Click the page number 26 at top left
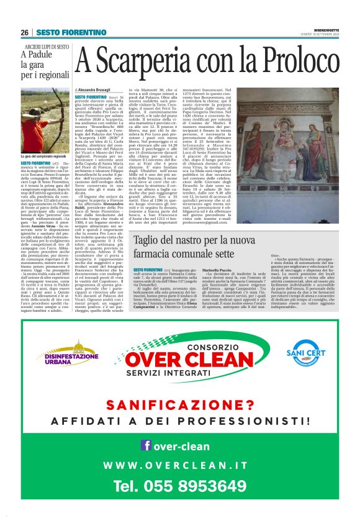25,32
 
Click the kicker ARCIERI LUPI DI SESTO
47,47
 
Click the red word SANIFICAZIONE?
179,406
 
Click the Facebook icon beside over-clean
146,445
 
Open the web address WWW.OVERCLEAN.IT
179,465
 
